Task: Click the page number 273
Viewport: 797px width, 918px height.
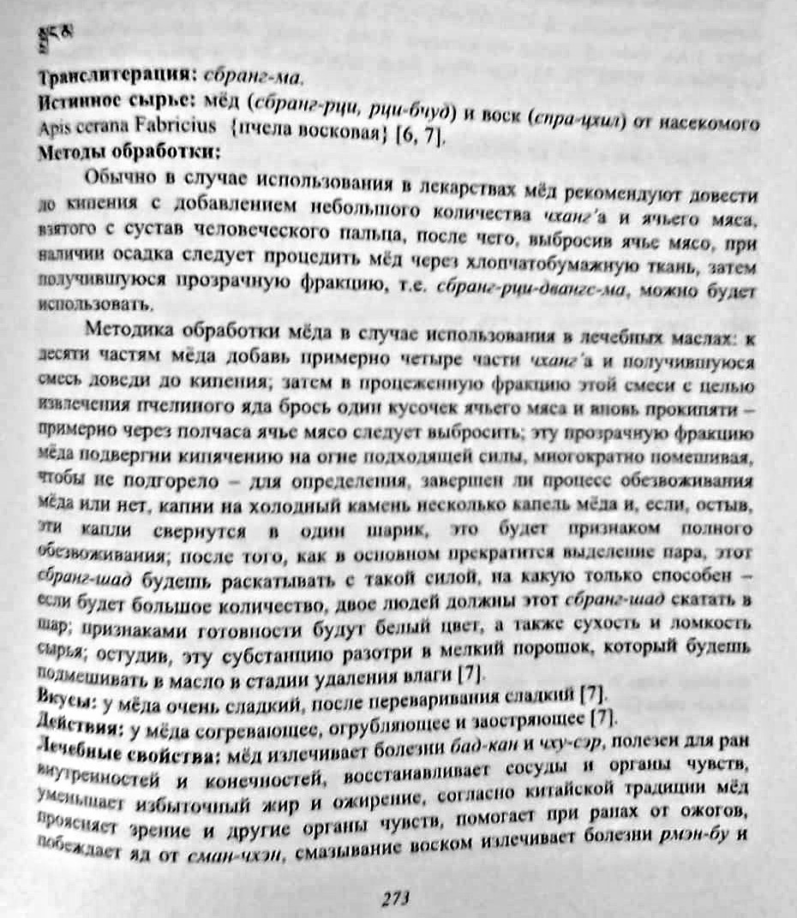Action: [x=397, y=897]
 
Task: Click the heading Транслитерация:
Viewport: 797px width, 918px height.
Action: [x=101, y=77]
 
